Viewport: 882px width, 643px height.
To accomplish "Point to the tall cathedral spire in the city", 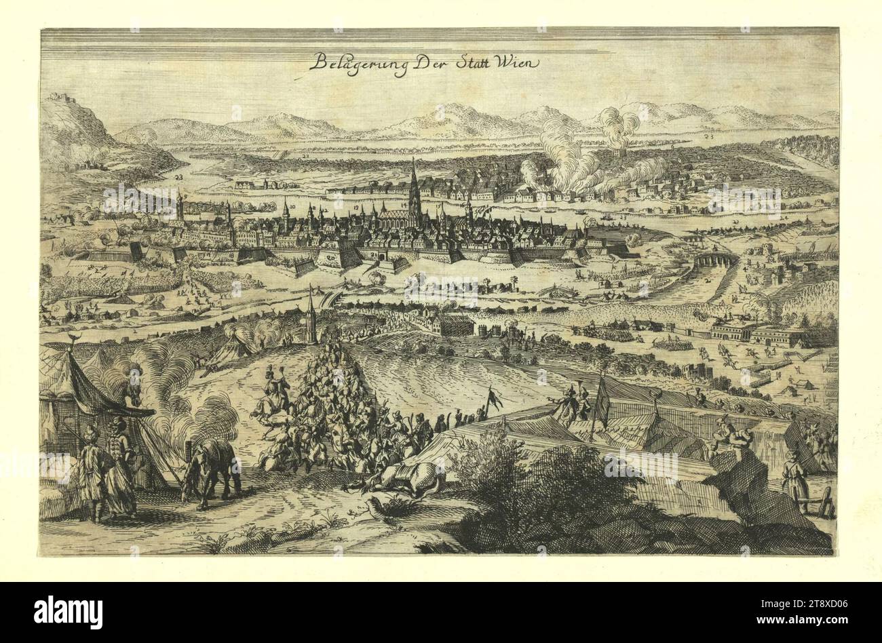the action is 413,183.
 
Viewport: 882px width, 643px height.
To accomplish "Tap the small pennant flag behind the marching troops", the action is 493,397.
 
